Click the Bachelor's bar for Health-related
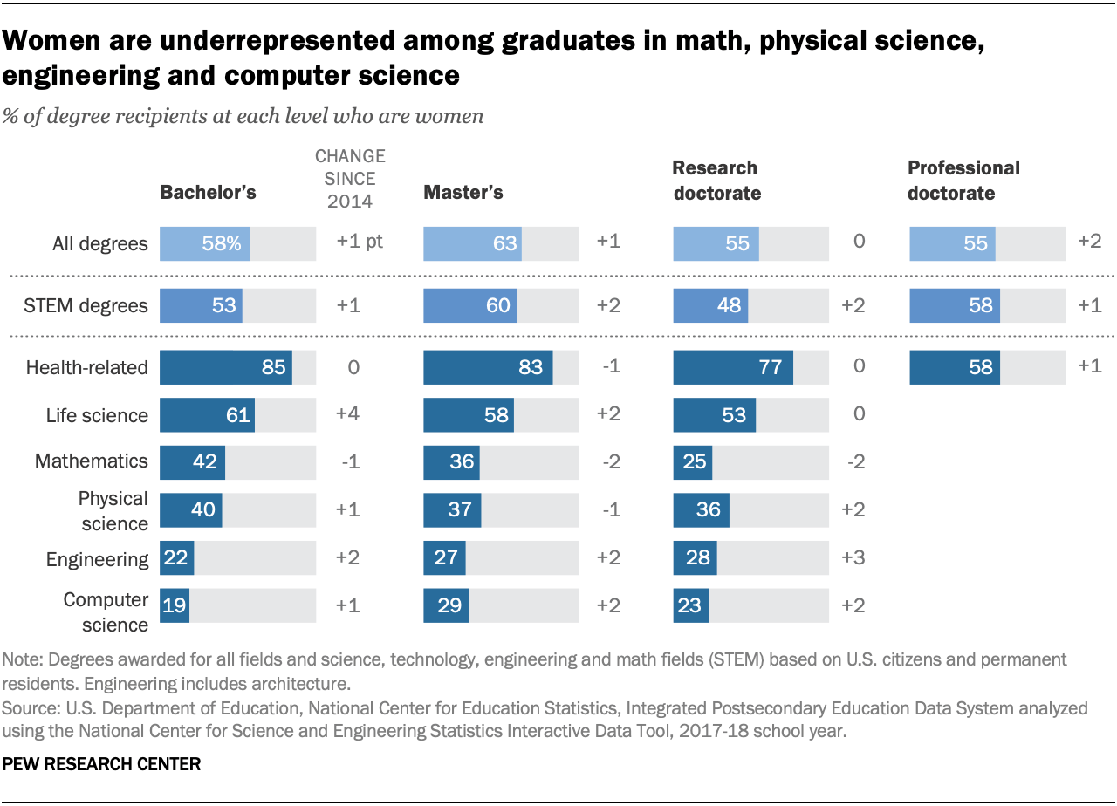click(x=225, y=368)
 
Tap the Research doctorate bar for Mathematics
click(x=693, y=461)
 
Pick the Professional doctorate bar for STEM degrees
click(x=955, y=306)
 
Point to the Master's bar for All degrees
click(x=472, y=243)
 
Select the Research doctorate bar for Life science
click(x=714, y=415)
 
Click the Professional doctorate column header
click(x=963, y=181)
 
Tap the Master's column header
click(x=463, y=193)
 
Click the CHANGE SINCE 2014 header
click(x=350, y=179)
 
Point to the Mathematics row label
click(x=92, y=461)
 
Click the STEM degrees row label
click(x=98, y=306)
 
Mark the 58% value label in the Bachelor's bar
click(x=221, y=243)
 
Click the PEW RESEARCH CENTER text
click(x=102, y=764)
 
